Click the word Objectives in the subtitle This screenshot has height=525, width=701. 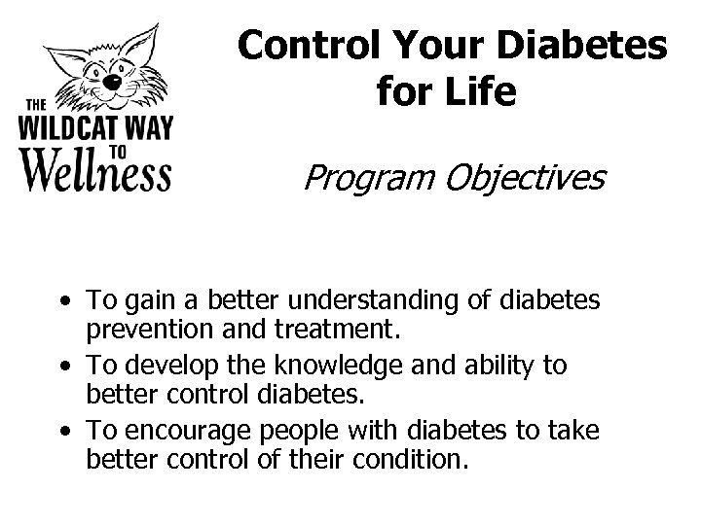[x=522, y=178]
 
